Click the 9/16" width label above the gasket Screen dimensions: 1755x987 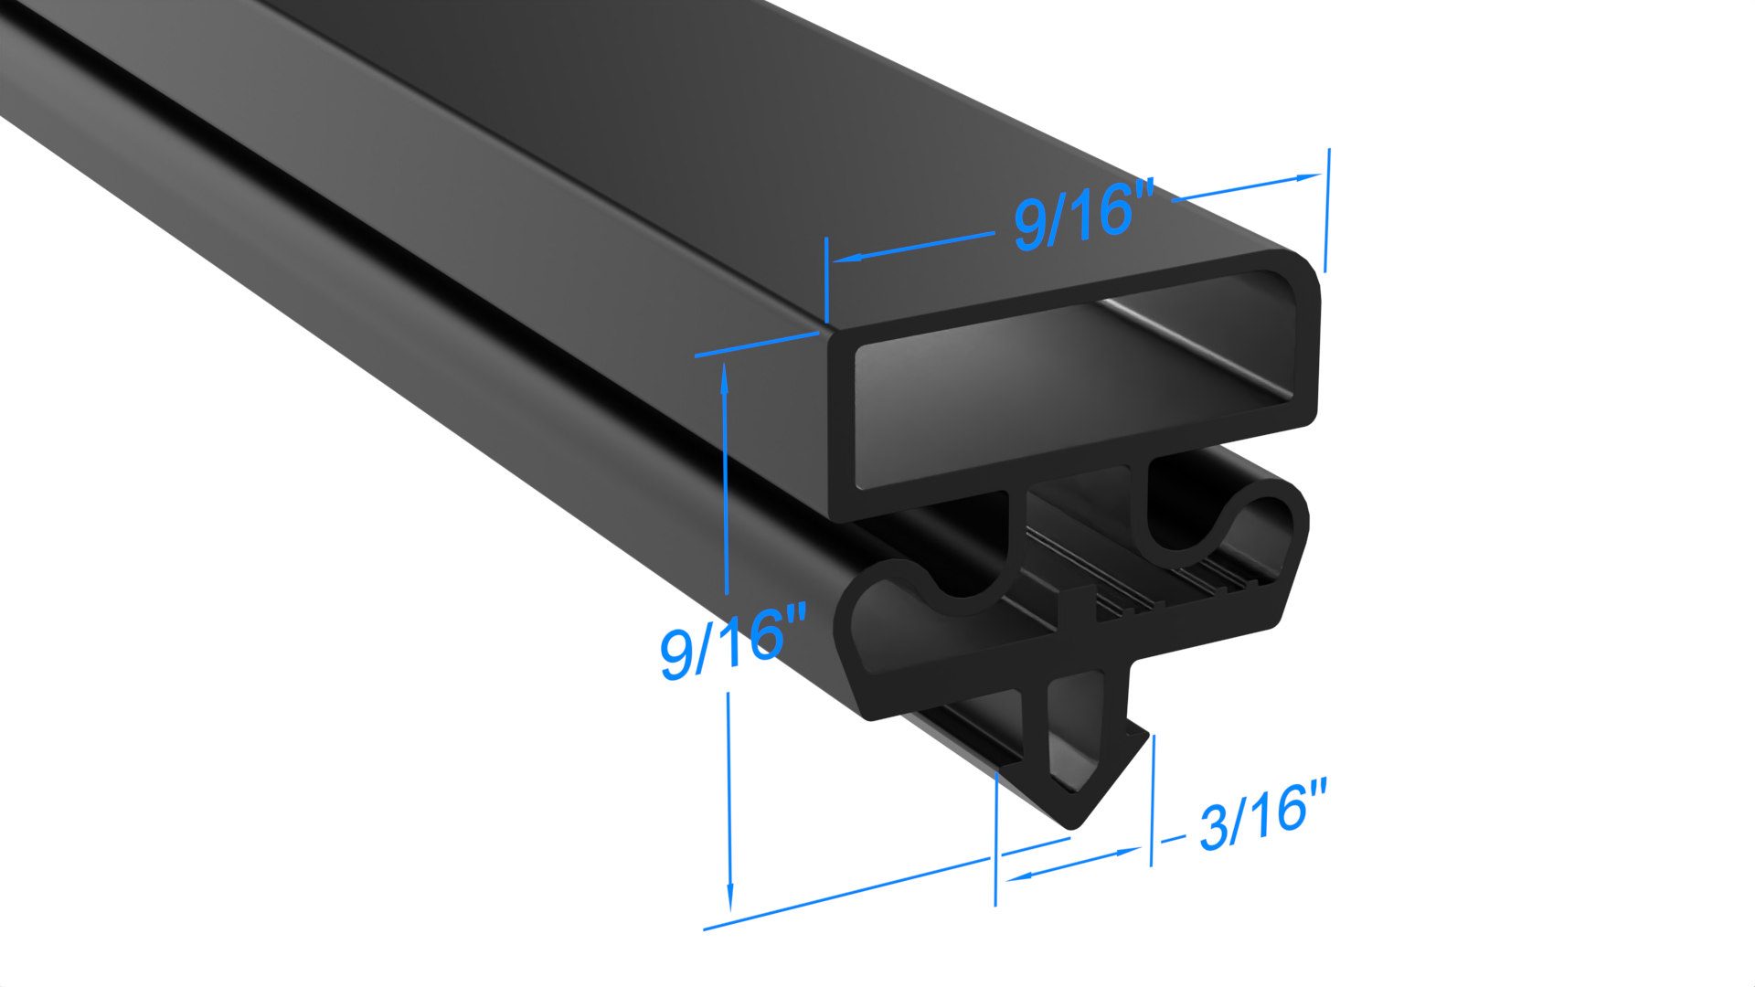(1084, 214)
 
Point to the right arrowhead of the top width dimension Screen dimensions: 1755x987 (1308, 177)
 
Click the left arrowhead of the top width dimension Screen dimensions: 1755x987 (846, 259)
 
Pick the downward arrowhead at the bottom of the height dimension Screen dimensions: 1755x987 (729, 895)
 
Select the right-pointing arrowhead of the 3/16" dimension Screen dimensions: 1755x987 (1128, 852)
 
